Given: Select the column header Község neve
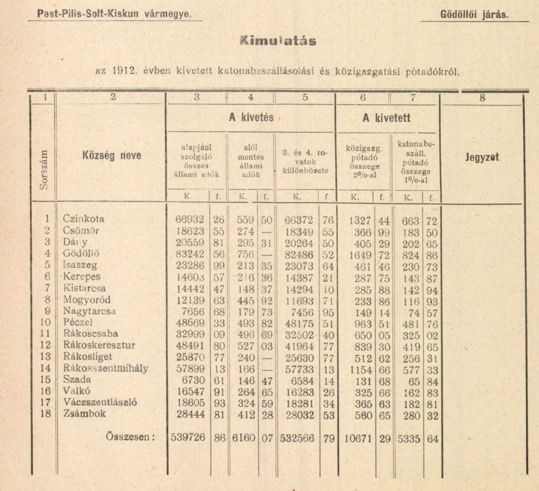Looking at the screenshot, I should tap(112, 155).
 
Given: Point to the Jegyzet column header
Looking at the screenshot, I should tap(482, 157).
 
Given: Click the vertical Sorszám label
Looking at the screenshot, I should tap(44, 169).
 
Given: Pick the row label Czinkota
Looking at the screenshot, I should tap(83, 219).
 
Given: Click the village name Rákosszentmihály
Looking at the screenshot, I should tap(106, 368).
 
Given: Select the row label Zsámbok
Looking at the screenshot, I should tap(84, 413).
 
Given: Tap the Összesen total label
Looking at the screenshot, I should tap(131, 437).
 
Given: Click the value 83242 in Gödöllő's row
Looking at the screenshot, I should tap(190, 254).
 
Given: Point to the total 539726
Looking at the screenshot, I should tap(188, 437).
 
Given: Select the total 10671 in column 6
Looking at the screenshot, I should tap(358, 439).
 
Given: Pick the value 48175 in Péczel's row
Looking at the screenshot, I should tap(299, 324).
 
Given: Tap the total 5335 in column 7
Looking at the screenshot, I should tap(409, 439).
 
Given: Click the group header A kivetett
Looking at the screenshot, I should tap(386, 118).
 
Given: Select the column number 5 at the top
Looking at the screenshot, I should tap(305, 98).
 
